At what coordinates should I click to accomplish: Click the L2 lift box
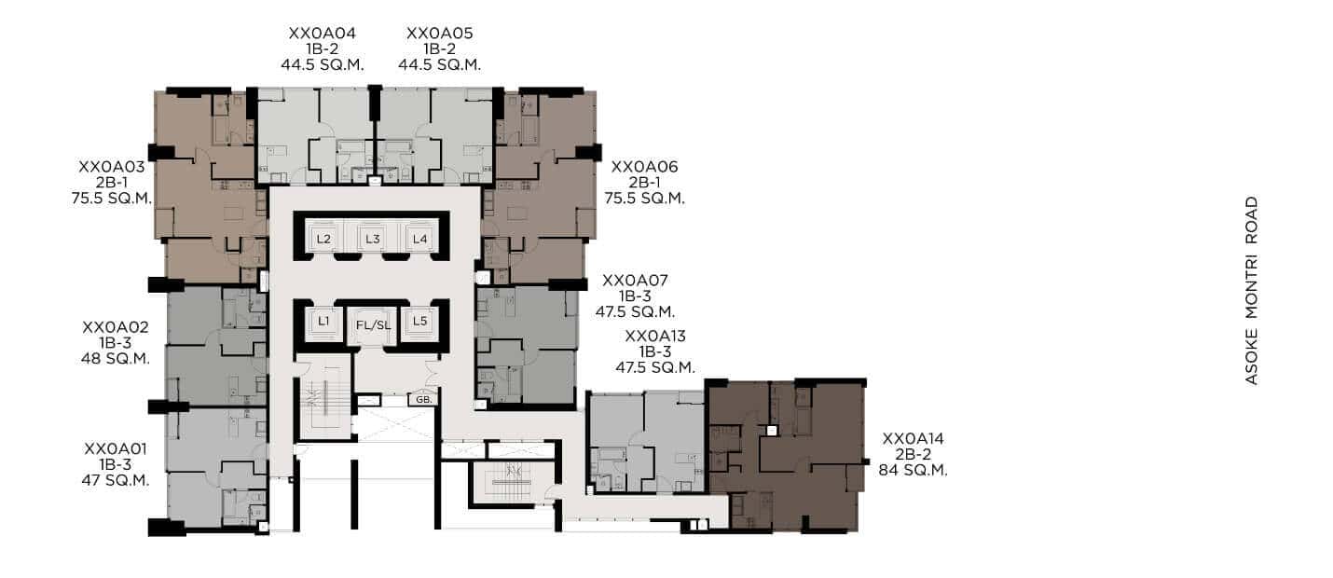pyautogui.click(x=323, y=239)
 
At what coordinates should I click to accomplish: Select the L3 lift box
pyautogui.click(x=373, y=239)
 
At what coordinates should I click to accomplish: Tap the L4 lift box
pyautogui.click(x=420, y=239)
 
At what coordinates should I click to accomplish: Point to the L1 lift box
pyautogui.click(x=323, y=322)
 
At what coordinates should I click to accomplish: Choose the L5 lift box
pyautogui.click(x=419, y=322)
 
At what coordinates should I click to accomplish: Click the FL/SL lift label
pyautogui.click(x=373, y=325)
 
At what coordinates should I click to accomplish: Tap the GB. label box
pyautogui.click(x=423, y=399)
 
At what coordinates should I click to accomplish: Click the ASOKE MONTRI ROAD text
pyautogui.click(x=1252, y=291)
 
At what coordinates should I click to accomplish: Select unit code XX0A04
pyautogui.click(x=322, y=34)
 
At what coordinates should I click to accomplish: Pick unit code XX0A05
pyautogui.click(x=440, y=34)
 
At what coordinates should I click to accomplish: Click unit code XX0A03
pyautogui.click(x=112, y=167)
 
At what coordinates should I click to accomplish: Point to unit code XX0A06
pyautogui.click(x=644, y=167)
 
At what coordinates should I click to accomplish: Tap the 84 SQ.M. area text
pyautogui.click(x=913, y=470)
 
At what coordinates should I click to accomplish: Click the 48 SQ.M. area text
pyautogui.click(x=116, y=359)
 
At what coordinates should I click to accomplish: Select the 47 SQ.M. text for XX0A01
pyautogui.click(x=116, y=480)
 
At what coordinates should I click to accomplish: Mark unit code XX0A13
pyautogui.click(x=655, y=337)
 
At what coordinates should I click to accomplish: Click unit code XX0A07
pyautogui.click(x=635, y=281)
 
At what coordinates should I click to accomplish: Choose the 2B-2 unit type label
pyautogui.click(x=914, y=454)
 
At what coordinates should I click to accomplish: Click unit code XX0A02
pyautogui.click(x=116, y=327)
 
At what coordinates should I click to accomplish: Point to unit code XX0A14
pyautogui.click(x=913, y=439)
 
